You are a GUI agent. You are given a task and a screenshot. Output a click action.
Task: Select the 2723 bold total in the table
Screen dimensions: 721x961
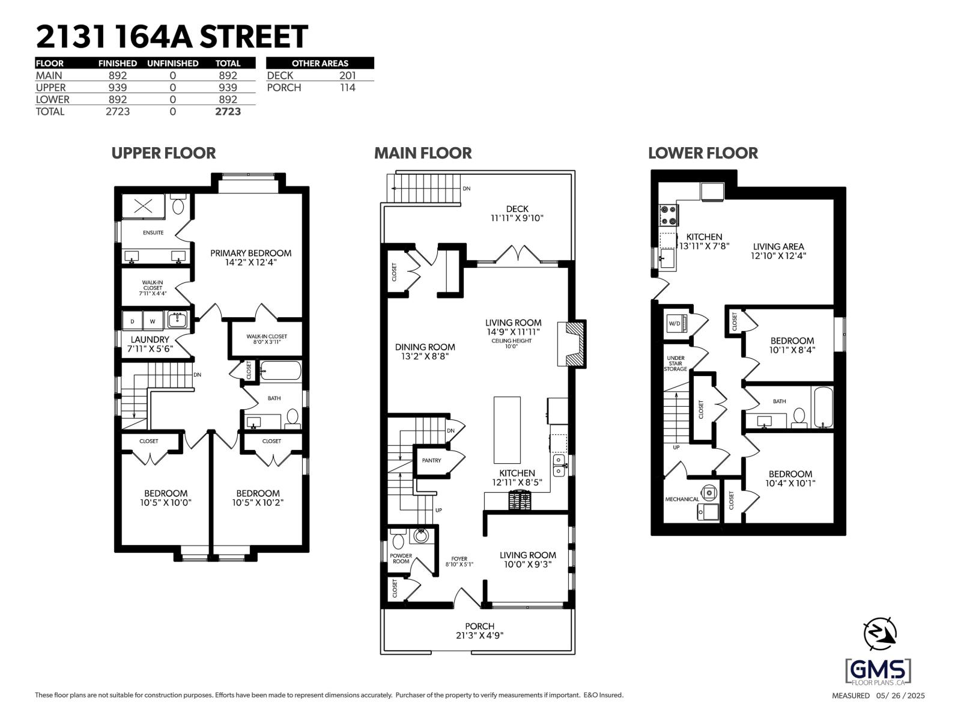[228, 112]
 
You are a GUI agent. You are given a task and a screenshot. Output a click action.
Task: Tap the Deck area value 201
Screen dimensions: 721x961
[347, 76]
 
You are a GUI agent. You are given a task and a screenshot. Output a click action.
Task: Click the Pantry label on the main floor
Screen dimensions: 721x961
[431, 461]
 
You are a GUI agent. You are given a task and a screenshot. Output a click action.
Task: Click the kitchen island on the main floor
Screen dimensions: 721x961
[508, 428]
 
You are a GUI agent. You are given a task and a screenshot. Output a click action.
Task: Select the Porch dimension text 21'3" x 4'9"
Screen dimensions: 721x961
[479, 635]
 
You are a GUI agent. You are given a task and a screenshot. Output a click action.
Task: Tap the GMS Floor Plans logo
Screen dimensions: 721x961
[878, 672]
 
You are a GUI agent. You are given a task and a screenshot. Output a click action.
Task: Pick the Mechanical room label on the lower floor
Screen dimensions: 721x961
[682, 499]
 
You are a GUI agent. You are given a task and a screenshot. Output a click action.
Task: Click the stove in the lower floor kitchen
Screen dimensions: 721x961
[668, 214]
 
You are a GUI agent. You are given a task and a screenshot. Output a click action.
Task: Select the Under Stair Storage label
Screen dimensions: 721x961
[676, 364]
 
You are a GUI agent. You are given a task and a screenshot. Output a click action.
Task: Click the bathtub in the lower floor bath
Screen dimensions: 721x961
[822, 407]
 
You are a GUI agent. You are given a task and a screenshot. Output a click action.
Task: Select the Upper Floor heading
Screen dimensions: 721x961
[163, 153]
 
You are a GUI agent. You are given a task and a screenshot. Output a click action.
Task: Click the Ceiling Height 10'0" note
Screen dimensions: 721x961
[511, 343]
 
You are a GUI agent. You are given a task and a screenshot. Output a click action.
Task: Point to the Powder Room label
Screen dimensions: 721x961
[401, 558]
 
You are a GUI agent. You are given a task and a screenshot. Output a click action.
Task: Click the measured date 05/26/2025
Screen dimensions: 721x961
[900, 696]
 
